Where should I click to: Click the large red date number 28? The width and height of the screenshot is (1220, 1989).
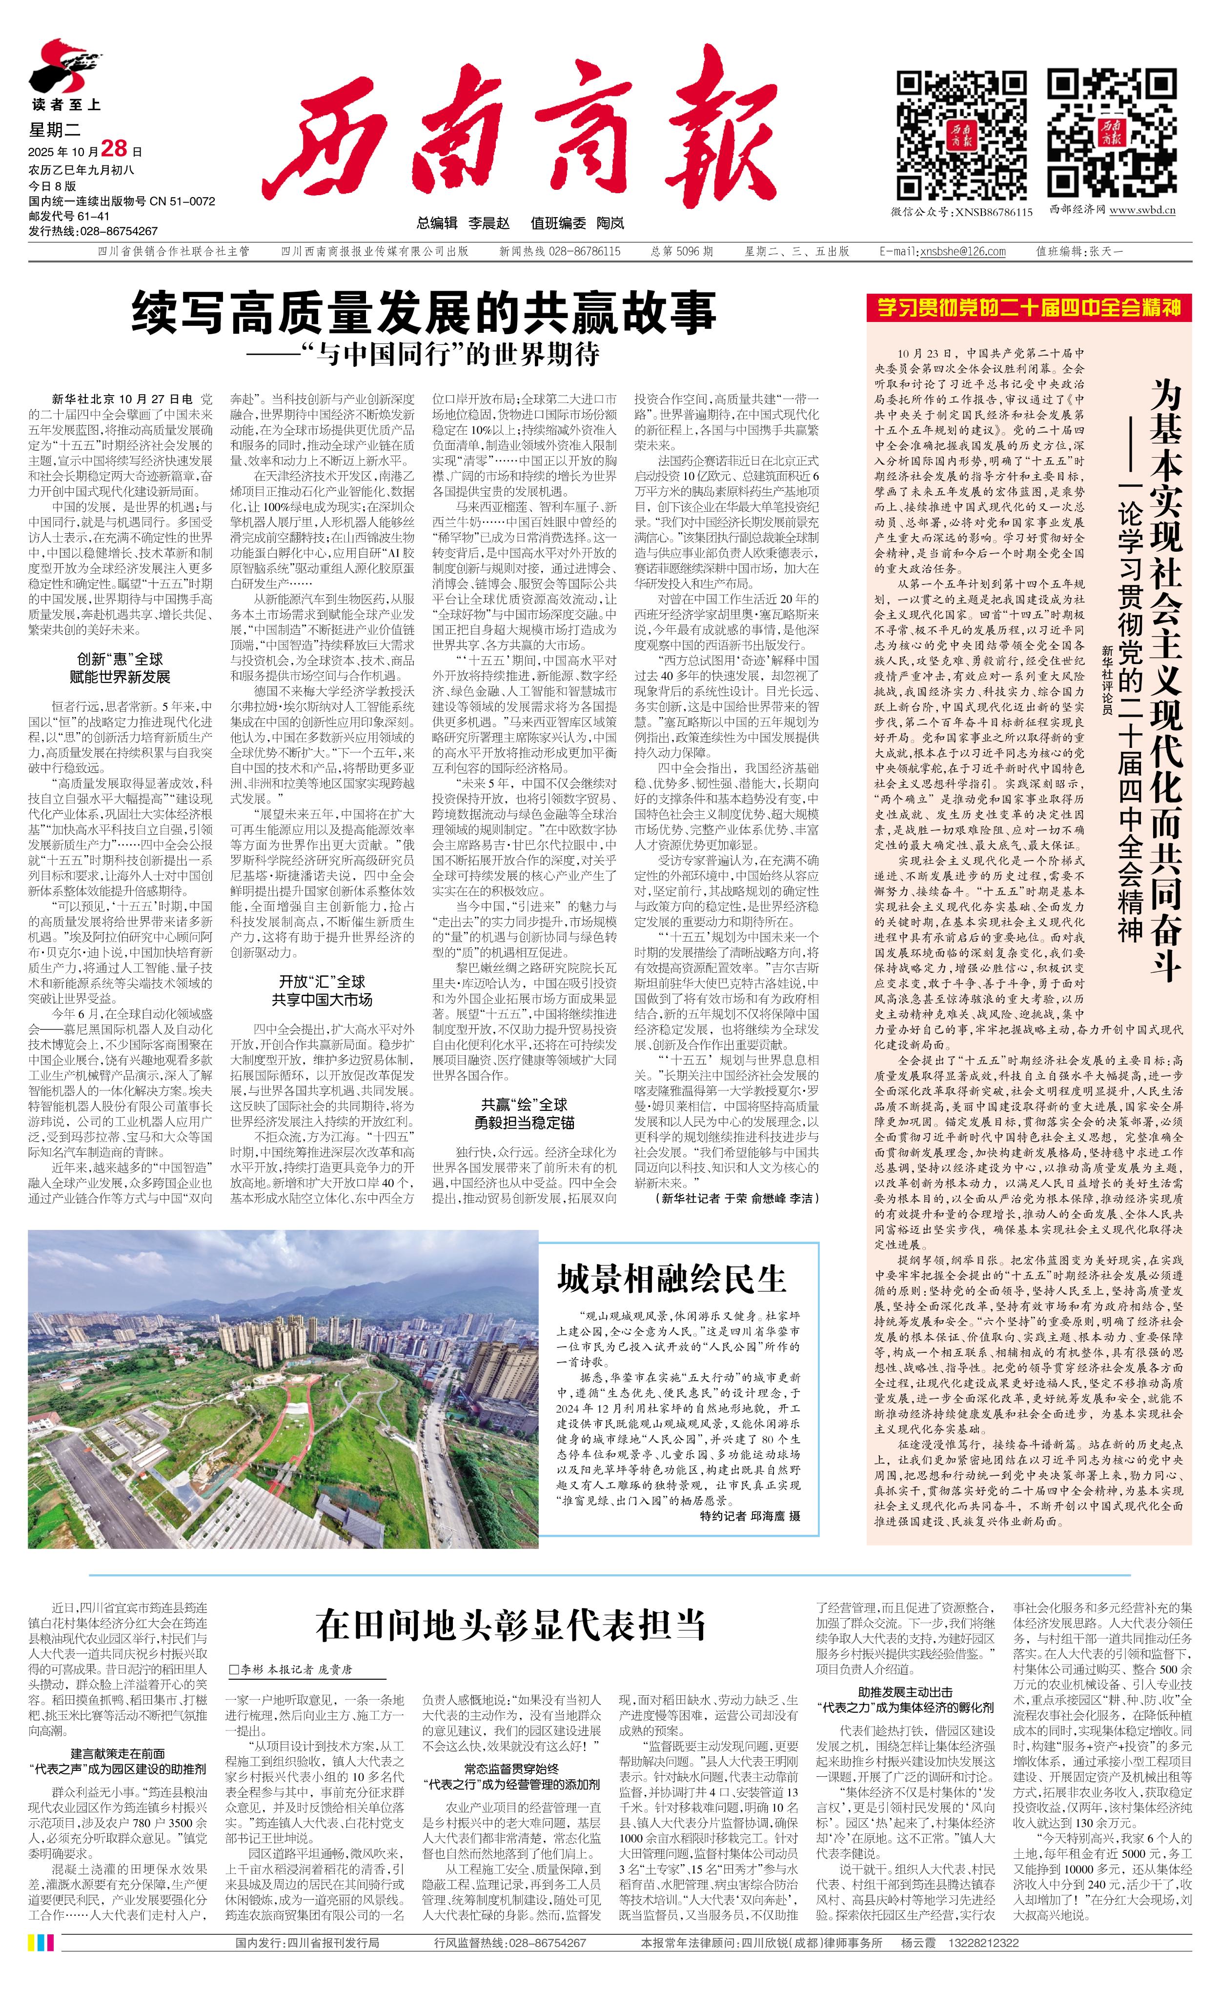pos(115,148)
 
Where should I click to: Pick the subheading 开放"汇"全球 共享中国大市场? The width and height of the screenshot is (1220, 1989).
pos(322,990)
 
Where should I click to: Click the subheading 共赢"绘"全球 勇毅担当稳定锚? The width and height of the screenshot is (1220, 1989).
pos(524,1113)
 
